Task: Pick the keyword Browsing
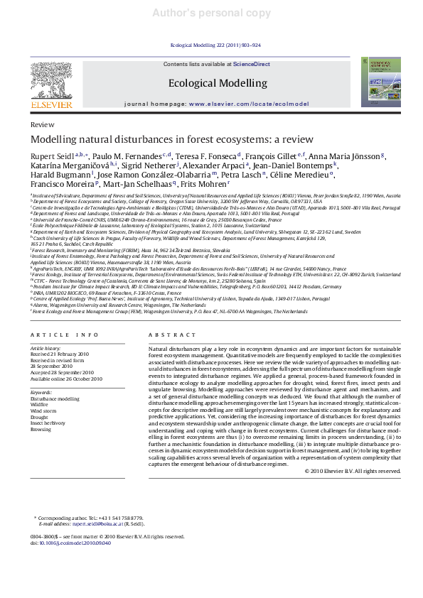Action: pos(40,429)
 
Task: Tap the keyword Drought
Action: pos(40,417)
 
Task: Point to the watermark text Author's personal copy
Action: pos(212,13)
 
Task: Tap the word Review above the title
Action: pos(43,124)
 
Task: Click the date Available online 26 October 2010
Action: pos(66,379)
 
